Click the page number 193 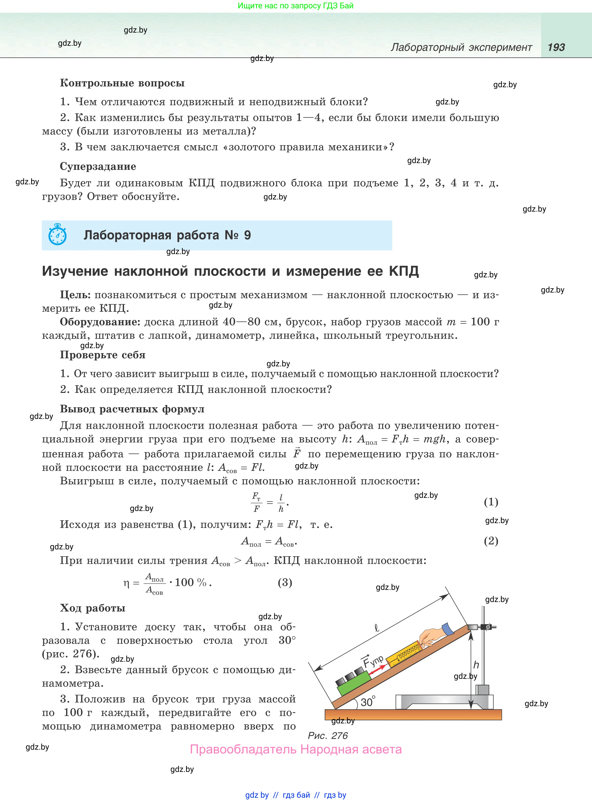click(x=556, y=47)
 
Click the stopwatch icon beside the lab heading click(x=57, y=235)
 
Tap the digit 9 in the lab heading click(x=247, y=235)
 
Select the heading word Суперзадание click(x=98, y=166)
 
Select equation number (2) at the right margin click(x=491, y=541)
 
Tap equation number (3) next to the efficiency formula click(x=285, y=582)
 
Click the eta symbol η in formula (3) click(x=126, y=583)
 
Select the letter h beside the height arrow click(x=476, y=664)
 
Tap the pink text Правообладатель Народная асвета click(x=296, y=749)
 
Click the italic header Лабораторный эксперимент click(x=461, y=47)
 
